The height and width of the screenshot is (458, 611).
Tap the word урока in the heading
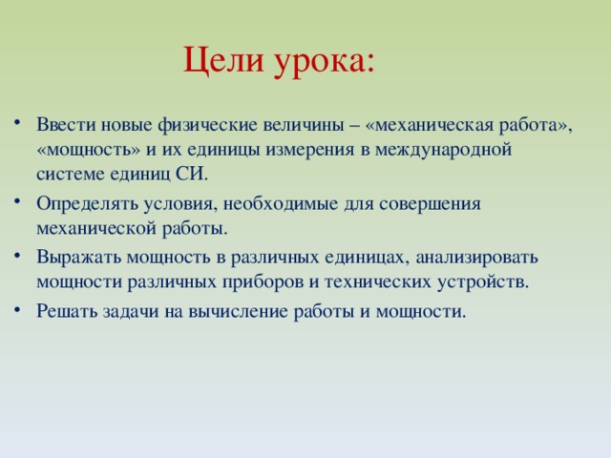325,62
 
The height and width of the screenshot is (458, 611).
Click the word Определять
81,203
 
